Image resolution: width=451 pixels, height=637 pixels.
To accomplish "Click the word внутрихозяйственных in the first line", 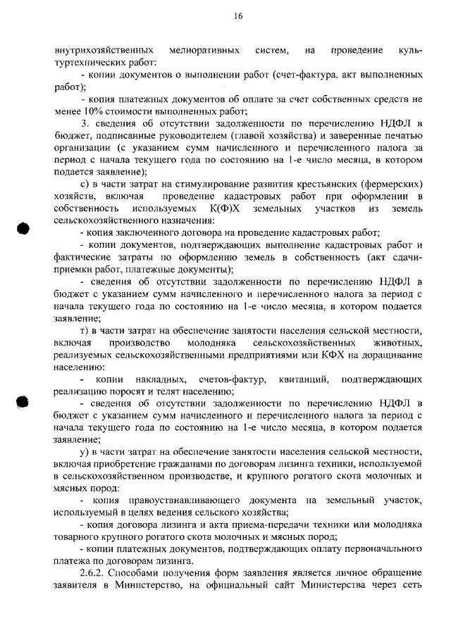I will (104, 50).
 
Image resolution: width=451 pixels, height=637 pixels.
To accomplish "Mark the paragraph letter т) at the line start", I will (87, 331).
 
